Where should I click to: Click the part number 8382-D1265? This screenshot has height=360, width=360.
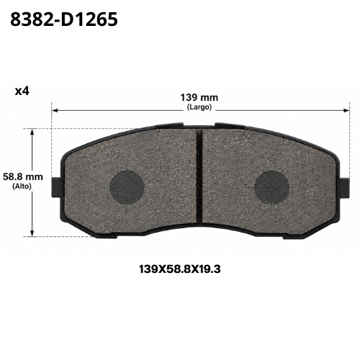point(64,19)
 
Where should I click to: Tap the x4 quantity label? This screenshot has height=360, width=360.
point(22,91)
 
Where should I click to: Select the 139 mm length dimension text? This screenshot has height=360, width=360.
point(199,97)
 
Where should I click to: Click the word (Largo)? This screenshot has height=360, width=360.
point(199,107)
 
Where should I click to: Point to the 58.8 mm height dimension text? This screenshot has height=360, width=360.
point(23,177)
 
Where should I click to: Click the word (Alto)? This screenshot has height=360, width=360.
point(22,186)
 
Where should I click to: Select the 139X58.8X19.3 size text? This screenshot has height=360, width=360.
point(180,269)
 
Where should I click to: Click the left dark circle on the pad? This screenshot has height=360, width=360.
point(127,187)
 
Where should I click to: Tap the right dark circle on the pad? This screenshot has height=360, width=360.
point(271,188)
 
